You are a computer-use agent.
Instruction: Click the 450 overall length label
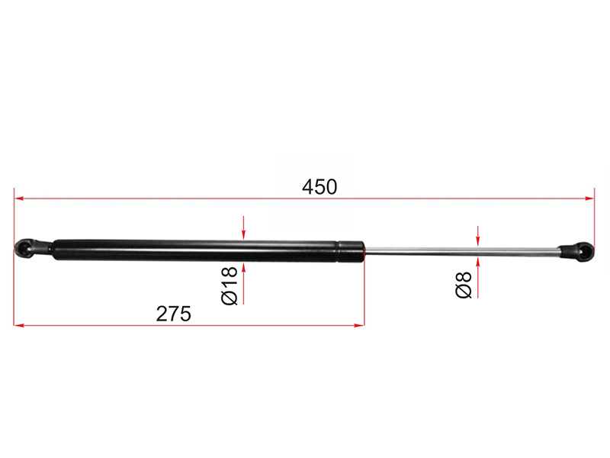pos(319,187)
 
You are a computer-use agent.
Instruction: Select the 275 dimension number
pos(174,314)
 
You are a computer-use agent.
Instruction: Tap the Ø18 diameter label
pos(230,285)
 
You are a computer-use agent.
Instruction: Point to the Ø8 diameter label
pos(464,285)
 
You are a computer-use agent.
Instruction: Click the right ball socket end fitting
pos(576,252)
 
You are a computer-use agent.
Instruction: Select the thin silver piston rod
pos(461,251)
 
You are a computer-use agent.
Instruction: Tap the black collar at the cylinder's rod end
pos(351,252)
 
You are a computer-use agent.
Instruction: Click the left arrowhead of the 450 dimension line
pos(18,198)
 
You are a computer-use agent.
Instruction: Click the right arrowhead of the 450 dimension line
pos(589,198)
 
